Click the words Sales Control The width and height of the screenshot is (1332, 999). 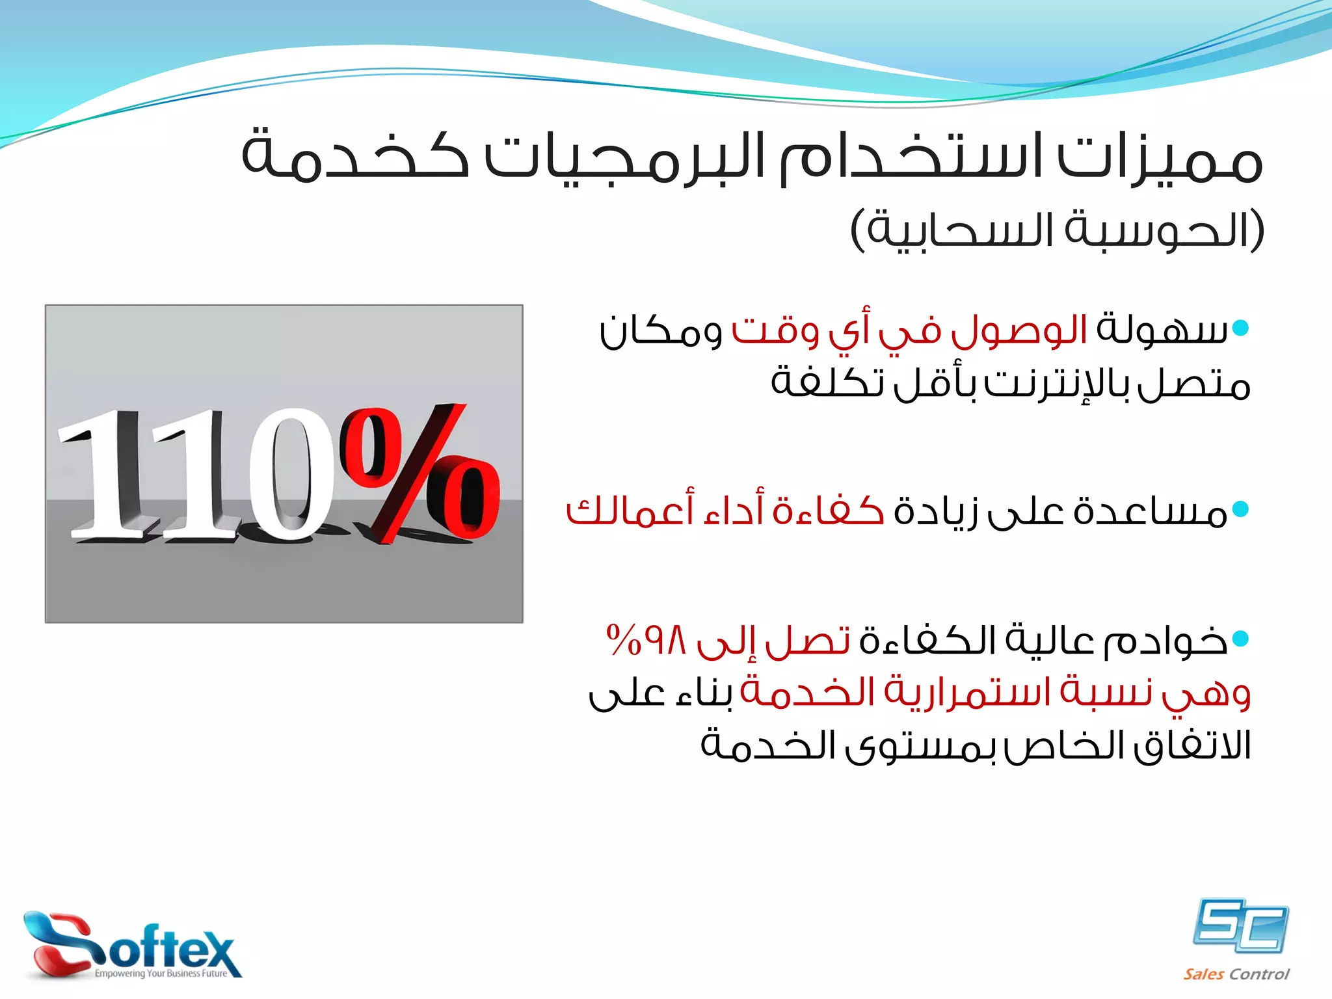pyautogui.click(x=1236, y=974)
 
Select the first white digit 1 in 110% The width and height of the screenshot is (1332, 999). pyautogui.click(x=107, y=475)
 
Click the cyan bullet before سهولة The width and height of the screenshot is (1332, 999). pyautogui.click(x=1240, y=328)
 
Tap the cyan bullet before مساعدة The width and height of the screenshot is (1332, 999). pyautogui.click(x=1240, y=509)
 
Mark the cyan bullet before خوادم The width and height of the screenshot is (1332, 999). pyautogui.click(x=1240, y=639)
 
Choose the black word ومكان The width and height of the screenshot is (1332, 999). pyautogui.click(x=660, y=332)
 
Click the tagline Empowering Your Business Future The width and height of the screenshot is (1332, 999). pyautogui.click(x=161, y=974)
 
